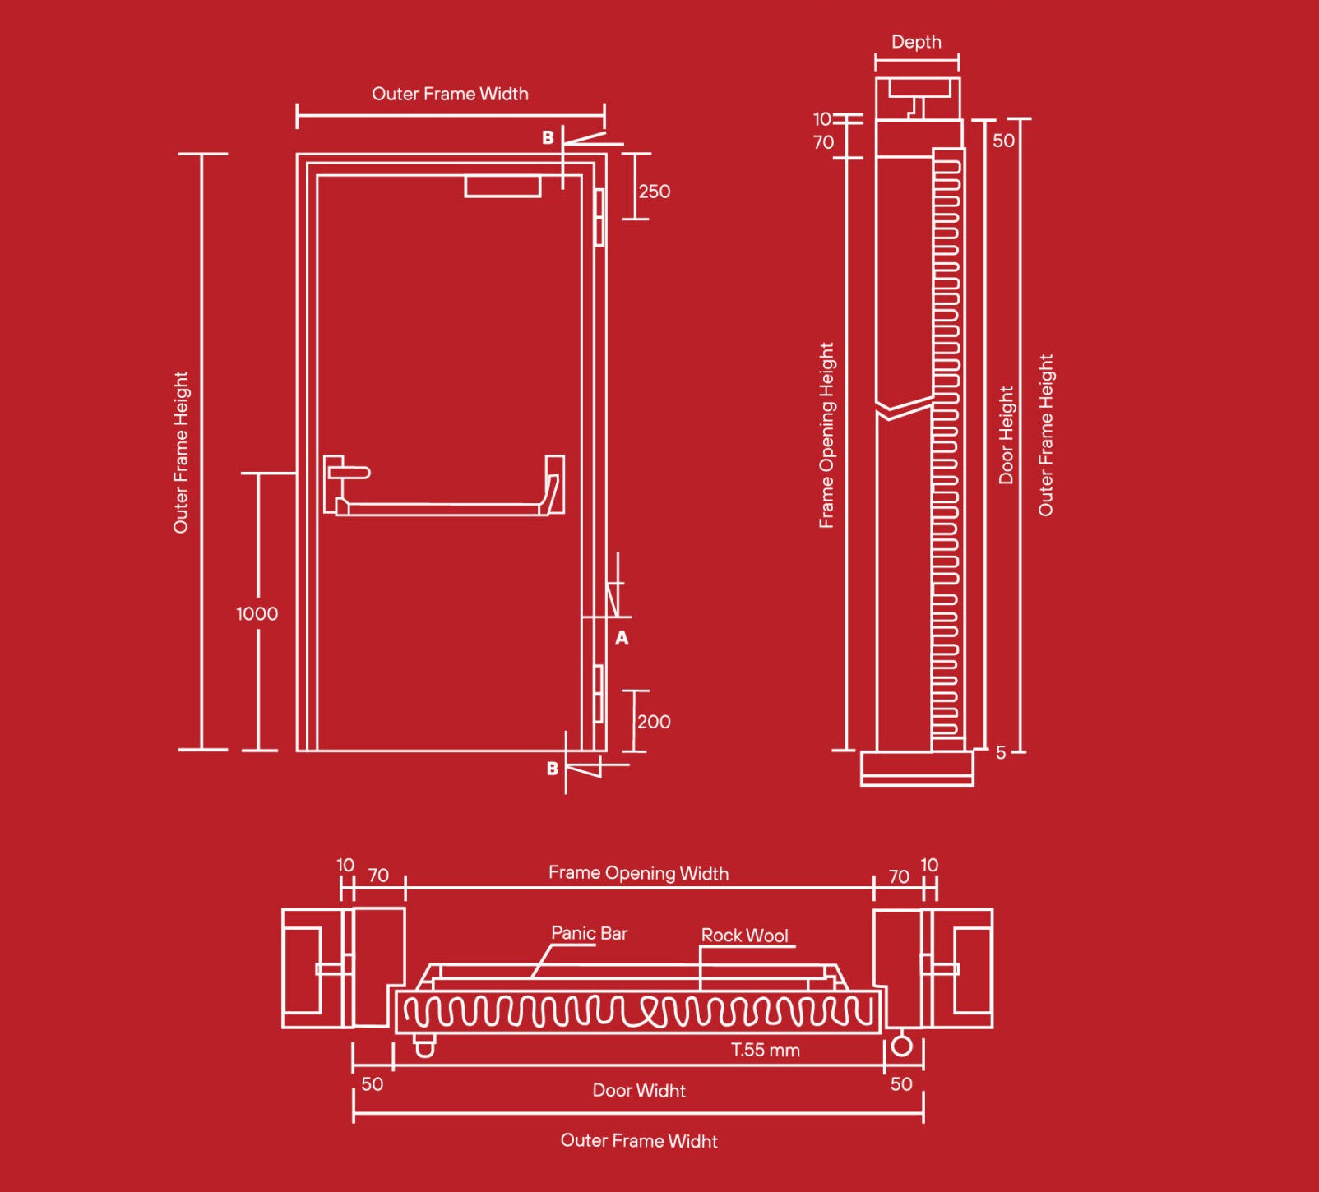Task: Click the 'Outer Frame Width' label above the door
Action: point(450,94)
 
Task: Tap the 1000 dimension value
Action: point(257,613)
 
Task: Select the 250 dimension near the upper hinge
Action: point(655,192)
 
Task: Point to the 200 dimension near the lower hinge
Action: point(654,722)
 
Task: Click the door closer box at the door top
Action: point(502,186)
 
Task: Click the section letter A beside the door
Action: point(622,637)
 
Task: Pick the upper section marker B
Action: point(548,137)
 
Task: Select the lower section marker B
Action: point(552,769)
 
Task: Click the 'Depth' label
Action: point(916,42)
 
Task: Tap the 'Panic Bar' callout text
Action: point(589,933)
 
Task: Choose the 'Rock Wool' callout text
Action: point(744,935)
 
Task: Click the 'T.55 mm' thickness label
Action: point(765,1050)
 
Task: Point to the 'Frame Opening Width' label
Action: point(638,873)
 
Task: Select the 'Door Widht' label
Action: point(639,1090)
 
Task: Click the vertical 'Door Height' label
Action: point(1006,435)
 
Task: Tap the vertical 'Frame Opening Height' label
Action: point(826,435)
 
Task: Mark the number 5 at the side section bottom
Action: point(1001,752)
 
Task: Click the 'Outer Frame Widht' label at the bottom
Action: point(639,1140)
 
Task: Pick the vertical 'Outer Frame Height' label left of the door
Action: point(181,451)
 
